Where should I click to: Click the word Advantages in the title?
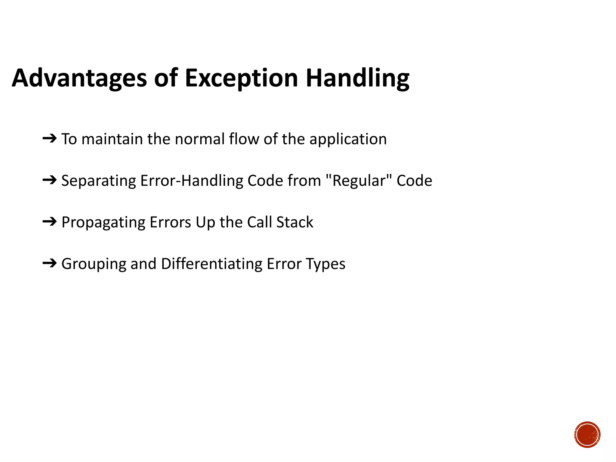coord(79,78)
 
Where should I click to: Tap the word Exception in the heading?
coord(241,78)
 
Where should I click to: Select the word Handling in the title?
coord(357,78)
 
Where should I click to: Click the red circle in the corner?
coord(587,435)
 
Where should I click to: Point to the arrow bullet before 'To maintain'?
coord(50,139)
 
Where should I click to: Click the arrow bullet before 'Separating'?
coord(50,180)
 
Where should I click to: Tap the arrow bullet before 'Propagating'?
coord(50,222)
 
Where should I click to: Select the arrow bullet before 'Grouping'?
coord(50,263)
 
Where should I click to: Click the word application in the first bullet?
coord(348,140)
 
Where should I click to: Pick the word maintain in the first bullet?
coord(112,140)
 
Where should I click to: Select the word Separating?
coord(99,181)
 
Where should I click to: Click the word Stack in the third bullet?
coord(295,222)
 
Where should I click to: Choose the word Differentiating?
coord(212,264)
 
